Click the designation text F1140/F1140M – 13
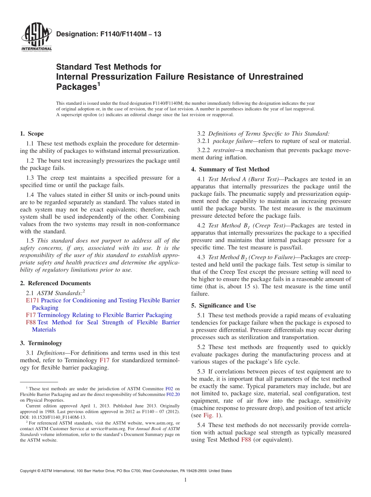[109, 34]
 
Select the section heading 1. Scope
[32, 134]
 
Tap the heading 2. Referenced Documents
[55, 283]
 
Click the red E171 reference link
[32, 300]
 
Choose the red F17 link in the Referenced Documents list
[31, 315]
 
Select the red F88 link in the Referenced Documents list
[31, 322]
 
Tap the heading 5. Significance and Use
[223, 305]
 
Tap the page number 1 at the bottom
[185, 480]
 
